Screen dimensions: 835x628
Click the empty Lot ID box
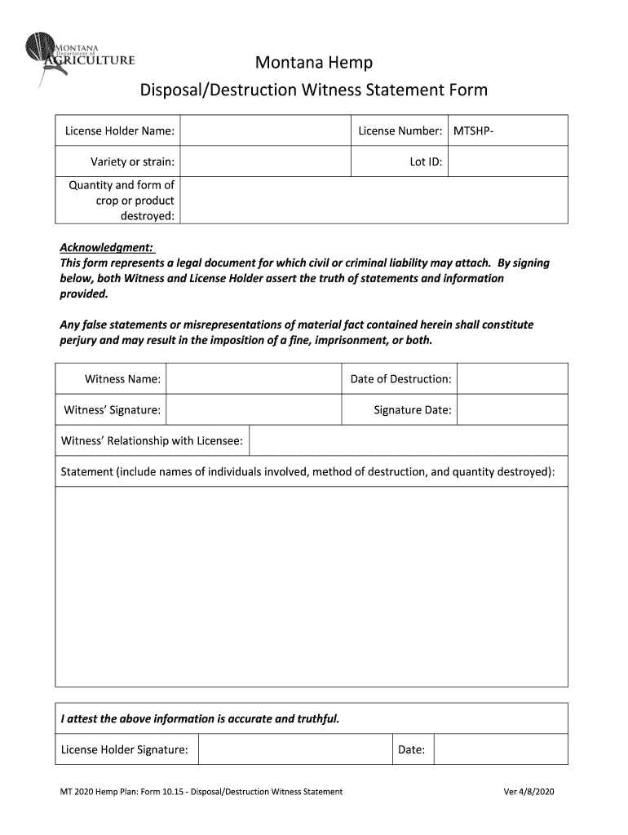pos(507,161)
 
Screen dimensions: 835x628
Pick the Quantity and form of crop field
pos(374,200)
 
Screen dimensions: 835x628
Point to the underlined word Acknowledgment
pos(107,248)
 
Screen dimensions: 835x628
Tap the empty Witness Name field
pos(252,379)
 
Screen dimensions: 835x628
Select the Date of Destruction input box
pos(512,379)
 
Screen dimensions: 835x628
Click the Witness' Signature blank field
pos(252,410)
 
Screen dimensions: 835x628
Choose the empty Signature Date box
pos(512,410)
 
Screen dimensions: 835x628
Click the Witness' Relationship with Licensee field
pos(408,440)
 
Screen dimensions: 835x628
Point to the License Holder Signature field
pos(294,749)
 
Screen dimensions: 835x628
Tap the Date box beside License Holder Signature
pos(501,749)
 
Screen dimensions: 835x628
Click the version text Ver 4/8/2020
pos(529,792)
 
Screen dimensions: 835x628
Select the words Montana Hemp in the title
pos(314,63)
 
